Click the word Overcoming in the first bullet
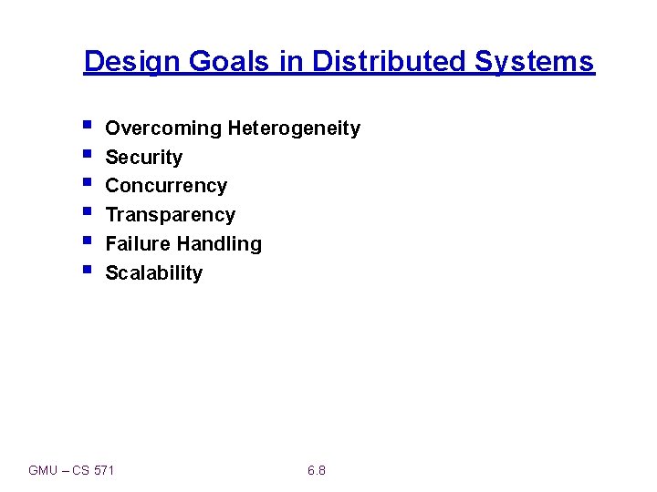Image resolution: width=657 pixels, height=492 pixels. click(x=163, y=128)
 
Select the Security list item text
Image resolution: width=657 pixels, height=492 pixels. click(x=143, y=158)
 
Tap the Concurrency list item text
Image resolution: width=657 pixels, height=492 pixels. click(x=166, y=186)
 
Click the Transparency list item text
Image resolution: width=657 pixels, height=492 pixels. click(x=170, y=215)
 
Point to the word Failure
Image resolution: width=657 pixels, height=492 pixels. click(x=138, y=244)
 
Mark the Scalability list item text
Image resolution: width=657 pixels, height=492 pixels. click(x=153, y=273)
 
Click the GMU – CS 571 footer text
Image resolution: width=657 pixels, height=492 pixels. click(x=72, y=470)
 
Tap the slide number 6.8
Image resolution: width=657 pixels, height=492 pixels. click(x=317, y=470)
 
